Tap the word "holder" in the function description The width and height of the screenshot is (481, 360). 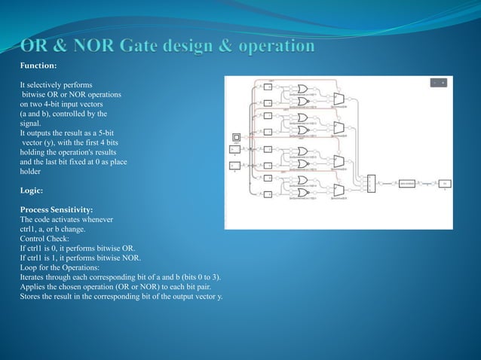(31, 171)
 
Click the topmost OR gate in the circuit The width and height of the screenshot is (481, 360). (302, 88)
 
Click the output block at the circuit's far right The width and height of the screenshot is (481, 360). (445, 183)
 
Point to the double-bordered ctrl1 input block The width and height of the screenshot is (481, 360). (236, 138)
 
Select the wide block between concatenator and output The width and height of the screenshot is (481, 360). (409, 183)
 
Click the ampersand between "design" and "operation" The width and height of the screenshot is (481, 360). (191, 47)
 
